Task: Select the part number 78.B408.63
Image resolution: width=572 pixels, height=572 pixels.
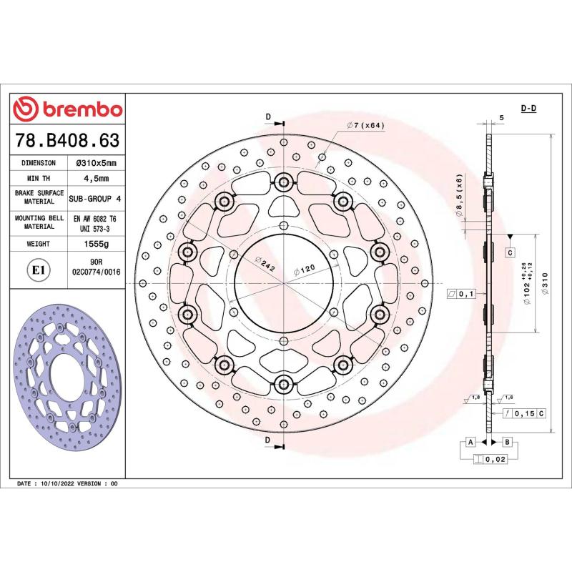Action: click(67, 139)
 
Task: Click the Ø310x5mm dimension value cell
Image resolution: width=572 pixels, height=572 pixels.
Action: click(97, 164)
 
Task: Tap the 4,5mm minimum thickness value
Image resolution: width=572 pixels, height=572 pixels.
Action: click(97, 179)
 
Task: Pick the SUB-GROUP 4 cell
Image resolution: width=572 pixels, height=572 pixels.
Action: click(97, 198)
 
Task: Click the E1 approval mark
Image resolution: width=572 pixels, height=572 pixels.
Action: click(39, 270)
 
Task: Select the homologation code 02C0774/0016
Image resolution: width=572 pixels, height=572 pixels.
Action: click(97, 272)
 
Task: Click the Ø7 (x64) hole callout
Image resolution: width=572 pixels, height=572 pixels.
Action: click(367, 125)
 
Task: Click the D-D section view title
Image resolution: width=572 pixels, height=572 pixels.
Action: click(529, 108)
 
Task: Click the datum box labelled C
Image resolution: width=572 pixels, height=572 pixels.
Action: click(510, 252)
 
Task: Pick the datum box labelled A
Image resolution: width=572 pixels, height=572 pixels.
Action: click(470, 443)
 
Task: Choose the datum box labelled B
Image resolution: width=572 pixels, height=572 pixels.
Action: click(506, 443)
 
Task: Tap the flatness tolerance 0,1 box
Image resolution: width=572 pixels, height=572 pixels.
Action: click(460, 294)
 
